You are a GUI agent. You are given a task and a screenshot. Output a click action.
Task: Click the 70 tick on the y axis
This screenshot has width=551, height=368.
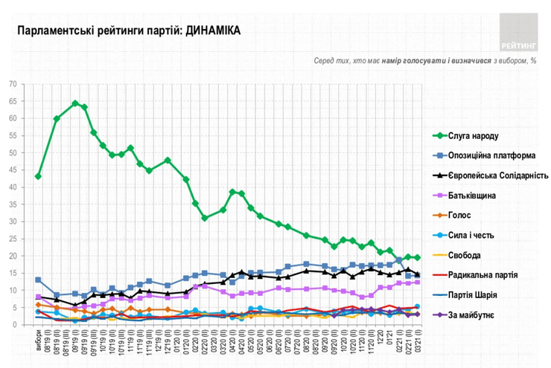click(x=12, y=84)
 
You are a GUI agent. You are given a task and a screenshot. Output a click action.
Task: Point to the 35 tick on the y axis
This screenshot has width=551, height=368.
click(x=12, y=204)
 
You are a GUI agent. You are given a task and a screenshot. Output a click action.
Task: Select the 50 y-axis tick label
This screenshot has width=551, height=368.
click(x=12, y=153)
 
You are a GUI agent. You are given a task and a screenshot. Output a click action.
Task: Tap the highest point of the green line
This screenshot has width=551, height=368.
click(x=75, y=103)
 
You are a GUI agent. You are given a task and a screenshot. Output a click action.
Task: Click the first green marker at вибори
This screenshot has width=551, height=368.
click(x=38, y=176)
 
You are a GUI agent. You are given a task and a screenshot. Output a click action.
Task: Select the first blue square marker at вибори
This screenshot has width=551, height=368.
click(x=38, y=280)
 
